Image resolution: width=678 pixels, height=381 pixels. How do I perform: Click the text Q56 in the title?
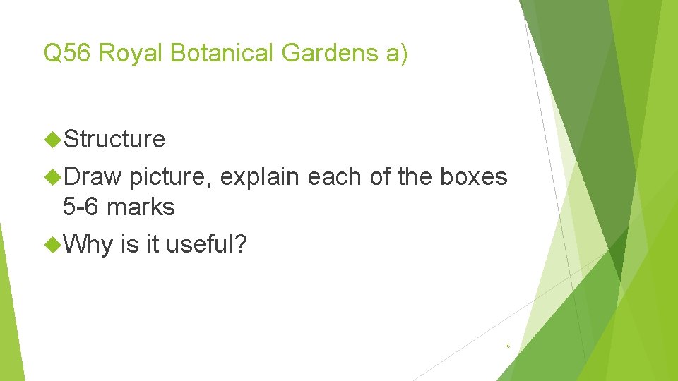(x=69, y=54)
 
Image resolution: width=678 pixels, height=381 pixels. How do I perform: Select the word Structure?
(x=114, y=140)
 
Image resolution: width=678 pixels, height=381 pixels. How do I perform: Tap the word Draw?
(x=93, y=177)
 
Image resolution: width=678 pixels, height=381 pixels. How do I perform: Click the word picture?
(x=170, y=177)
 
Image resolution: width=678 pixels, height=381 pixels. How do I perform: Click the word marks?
(x=141, y=207)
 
